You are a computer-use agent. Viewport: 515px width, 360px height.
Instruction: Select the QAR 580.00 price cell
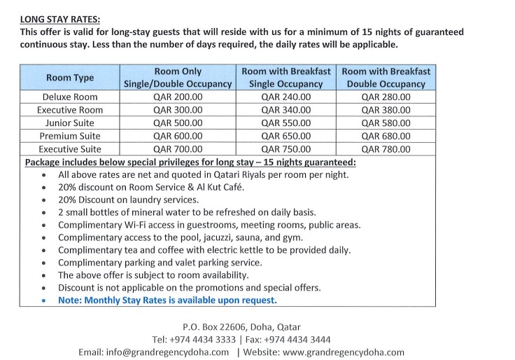[x=386, y=123]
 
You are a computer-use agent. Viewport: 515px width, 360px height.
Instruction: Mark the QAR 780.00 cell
[x=386, y=149]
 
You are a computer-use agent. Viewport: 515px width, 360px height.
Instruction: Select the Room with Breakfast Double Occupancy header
[x=386, y=77]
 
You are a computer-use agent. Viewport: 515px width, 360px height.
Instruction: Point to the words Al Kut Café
[x=207, y=187]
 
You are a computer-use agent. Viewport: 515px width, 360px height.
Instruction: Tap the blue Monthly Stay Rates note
[x=168, y=300]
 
